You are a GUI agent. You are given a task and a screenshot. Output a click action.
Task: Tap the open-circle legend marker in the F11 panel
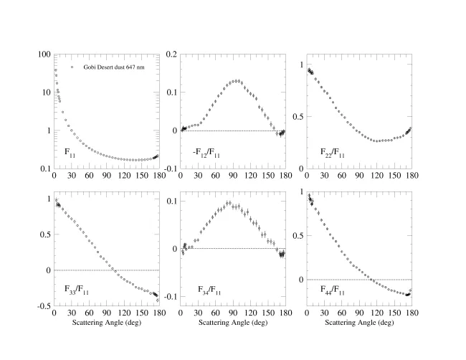pyautogui.click(x=72, y=67)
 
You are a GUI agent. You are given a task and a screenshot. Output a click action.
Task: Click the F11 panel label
pyautogui.click(x=70, y=152)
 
